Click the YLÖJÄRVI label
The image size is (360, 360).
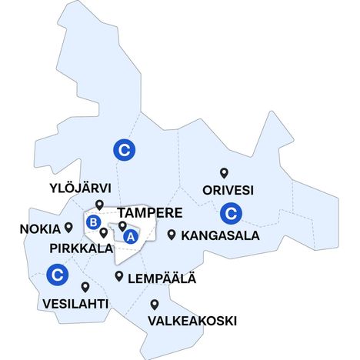80,188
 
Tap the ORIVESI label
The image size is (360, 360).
228,189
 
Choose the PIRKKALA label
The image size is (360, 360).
80,248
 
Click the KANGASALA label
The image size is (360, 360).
220,235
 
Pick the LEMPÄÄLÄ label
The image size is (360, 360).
162,278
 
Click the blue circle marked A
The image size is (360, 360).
130,237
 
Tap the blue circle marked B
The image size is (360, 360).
93,222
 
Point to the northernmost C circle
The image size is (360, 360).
122,149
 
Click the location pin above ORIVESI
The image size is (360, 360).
225,173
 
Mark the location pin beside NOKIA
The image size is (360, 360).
68,227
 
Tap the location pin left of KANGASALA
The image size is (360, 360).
172,235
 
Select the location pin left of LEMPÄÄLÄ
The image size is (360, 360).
119,276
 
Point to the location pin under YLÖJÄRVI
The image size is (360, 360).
99,204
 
